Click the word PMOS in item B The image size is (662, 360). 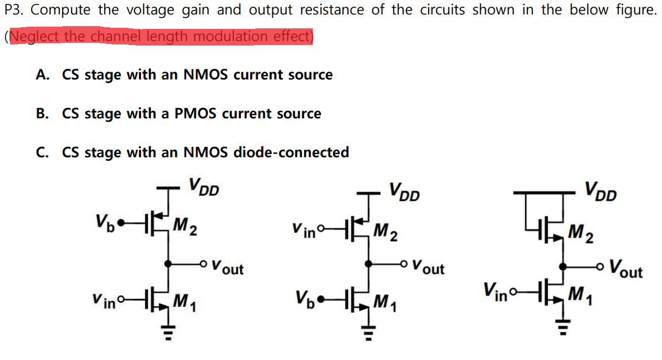(x=196, y=114)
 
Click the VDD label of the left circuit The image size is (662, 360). (x=203, y=187)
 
